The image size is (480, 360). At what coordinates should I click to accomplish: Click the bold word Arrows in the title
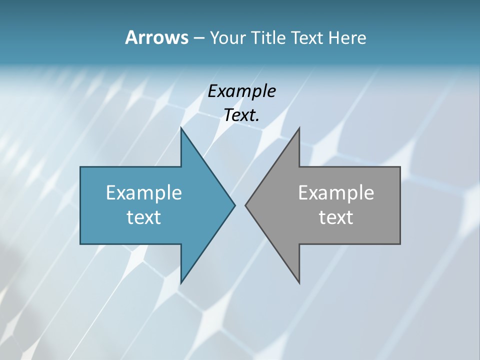[156, 37]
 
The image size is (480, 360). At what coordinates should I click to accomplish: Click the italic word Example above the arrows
[241, 91]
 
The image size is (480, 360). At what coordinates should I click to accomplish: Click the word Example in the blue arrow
[144, 193]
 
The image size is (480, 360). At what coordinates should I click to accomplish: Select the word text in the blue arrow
[144, 217]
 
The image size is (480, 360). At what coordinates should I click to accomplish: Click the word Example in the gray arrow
[336, 193]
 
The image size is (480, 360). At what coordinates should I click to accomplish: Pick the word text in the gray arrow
[336, 217]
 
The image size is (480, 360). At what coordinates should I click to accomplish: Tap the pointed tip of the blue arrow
[234, 205]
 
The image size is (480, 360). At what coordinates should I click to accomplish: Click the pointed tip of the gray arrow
[246, 205]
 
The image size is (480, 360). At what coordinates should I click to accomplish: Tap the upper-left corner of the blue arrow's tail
[81, 167]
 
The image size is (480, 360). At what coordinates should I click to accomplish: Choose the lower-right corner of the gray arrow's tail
[399, 243]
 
